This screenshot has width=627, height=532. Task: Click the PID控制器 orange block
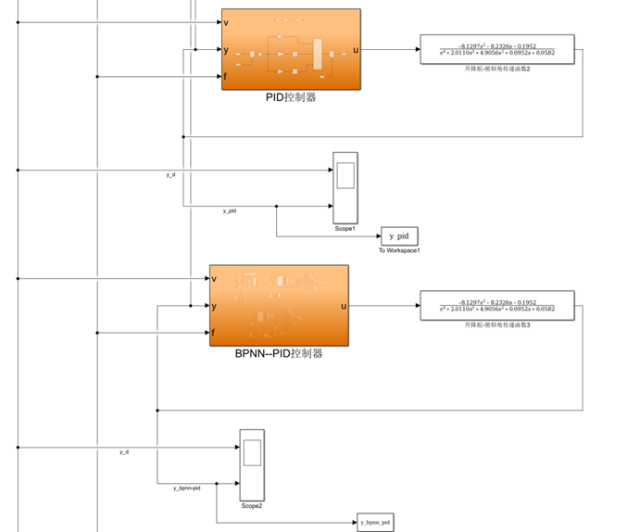click(x=291, y=49)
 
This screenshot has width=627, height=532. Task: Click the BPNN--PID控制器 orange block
click(x=279, y=305)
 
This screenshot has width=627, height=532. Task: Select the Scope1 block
click(x=345, y=187)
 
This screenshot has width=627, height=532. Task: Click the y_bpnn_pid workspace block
click(x=376, y=523)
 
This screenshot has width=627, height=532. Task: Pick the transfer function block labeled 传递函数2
click(x=496, y=50)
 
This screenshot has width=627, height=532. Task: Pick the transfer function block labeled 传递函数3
click(x=496, y=306)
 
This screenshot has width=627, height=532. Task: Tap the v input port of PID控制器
click(x=227, y=22)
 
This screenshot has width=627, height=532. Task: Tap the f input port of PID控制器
click(x=227, y=76)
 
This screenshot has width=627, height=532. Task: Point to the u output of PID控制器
click(x=355, y=49)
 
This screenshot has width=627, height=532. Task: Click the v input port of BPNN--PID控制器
click(x=215, y=278)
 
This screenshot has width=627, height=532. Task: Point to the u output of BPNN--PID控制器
click(x=344, y=306)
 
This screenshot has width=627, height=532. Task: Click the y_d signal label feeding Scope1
click(x=170, y=174)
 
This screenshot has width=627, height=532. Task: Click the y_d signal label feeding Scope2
click(x=124, y=451)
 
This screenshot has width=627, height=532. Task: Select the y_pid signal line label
click(x=229, y=211)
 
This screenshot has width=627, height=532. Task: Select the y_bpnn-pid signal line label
click(x=186, y=488)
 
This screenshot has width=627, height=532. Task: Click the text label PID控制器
click(x=291, y=97)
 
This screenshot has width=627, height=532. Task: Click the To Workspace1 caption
click(x=399, y=250)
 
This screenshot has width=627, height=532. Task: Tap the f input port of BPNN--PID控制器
click(x=215, y=333)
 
